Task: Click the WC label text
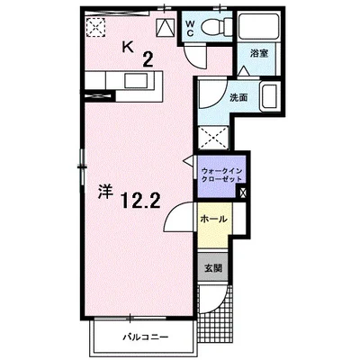coord(190,28)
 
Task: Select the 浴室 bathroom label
coord(259,54)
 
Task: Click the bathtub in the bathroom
coord(259,26)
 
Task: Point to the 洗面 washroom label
coord(238,97)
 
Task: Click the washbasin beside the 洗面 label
coord(269,97)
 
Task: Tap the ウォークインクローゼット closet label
coord(222,175)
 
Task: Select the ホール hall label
coord(213,219)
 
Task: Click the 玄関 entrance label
coord(213,268)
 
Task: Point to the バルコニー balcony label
coord(145,337)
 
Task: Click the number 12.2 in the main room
coord(141,201)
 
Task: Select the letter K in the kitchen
coord(128,47)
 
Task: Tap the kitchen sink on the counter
coord(136,81)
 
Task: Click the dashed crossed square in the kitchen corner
coord(95,27)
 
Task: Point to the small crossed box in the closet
coord(242,193)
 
